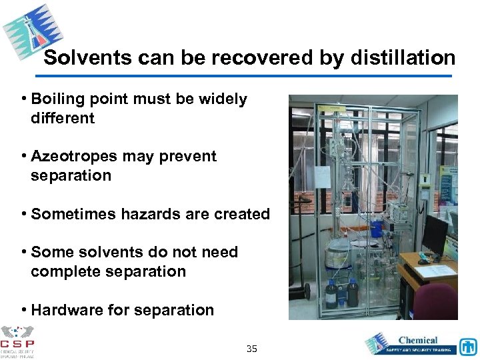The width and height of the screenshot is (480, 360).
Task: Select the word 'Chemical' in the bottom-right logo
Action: pos(417,341)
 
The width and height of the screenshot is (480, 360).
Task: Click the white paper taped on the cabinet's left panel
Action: pos(322,177)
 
